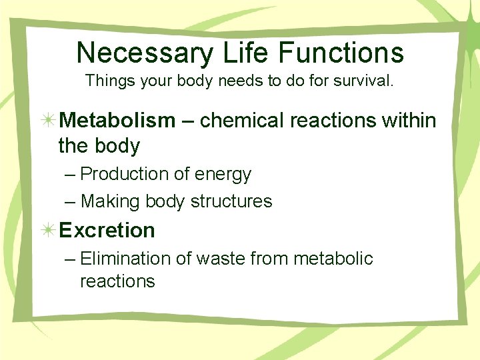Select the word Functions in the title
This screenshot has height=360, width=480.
click(343, 53)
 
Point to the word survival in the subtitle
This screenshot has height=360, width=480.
click(369, 82)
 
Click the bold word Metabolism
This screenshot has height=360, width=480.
click(117, 121)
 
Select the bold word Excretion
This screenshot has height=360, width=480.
click(107, 231)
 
